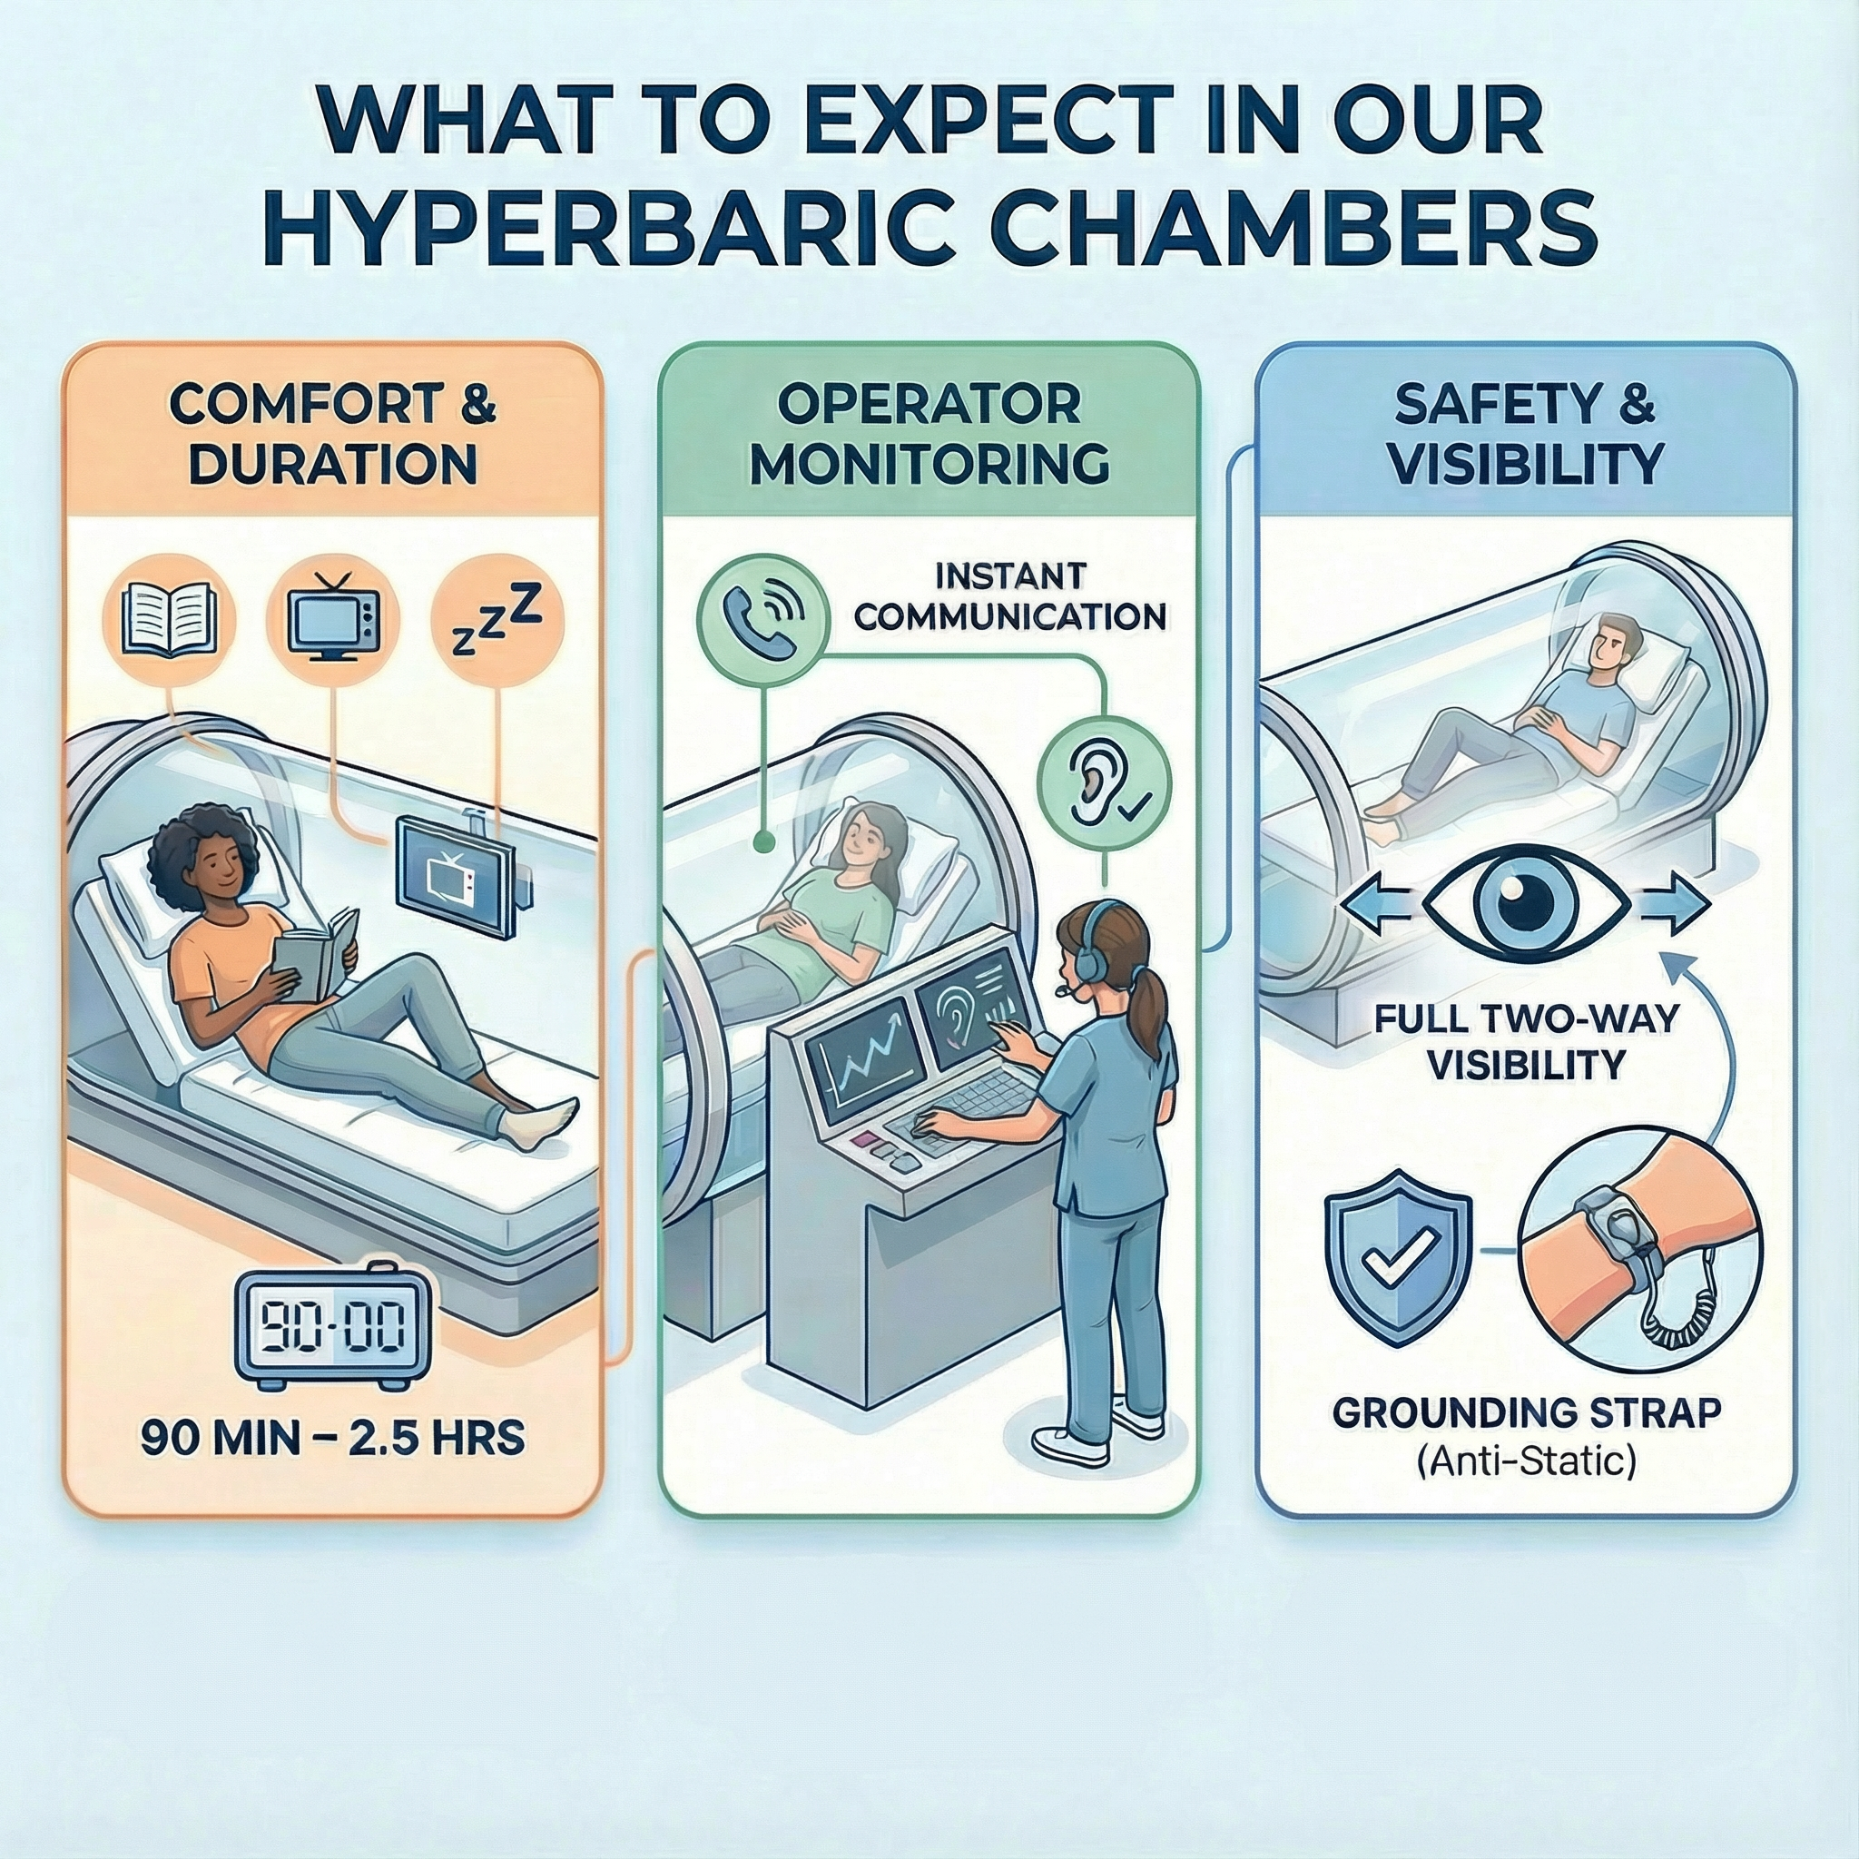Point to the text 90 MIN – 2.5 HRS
tap(333, 1438)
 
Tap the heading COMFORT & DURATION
tap(333, 435)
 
